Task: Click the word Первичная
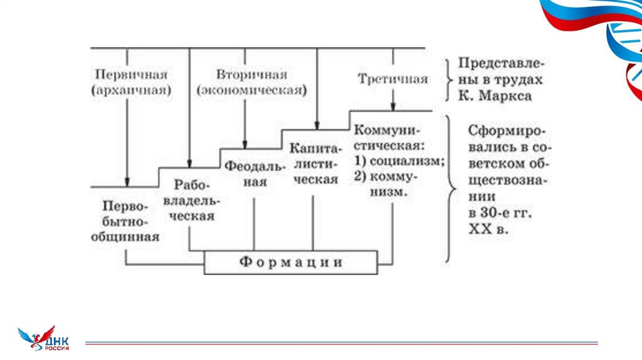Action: pyautogui.click(x=131, y=75)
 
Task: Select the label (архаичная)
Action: pyautogui.click(x=131, y=90)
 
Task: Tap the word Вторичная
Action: pyautogui.click(x=251, y=75)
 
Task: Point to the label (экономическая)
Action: pyautogui.click(x=251, y=90)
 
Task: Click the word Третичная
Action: pyautogui.click(x=393, y=79)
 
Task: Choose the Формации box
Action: pyautogui.click(x=291, y=262)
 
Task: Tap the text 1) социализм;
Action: pyautogui.click(x=399, y=161)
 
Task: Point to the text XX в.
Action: pyautogui.click(x=489, y=230)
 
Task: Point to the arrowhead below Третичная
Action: pyautogui.click(x=393, y=106)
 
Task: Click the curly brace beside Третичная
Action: pyautogui.click(x=447, y=80)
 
